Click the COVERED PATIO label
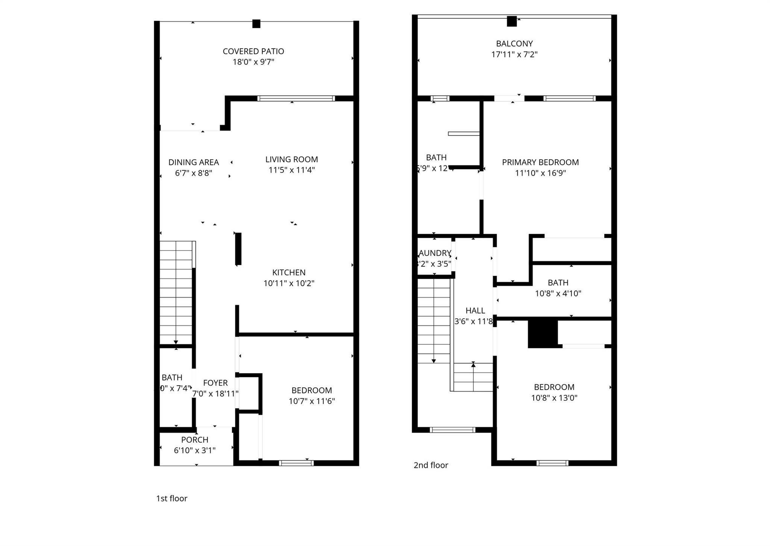[253, 51]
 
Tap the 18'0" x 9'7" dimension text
[253, 62]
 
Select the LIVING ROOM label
[291, 159]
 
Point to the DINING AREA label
[193, 162]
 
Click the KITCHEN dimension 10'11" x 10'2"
[289, 283]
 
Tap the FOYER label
[215, 383]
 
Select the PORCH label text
[194, 440]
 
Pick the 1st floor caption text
[171, 498]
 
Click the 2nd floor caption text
[431, 465]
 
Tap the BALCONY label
[514, 44]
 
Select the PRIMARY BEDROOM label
[540, 162]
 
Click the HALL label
[475, 311]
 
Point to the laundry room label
[435, 253]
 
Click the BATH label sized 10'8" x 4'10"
[558, 283]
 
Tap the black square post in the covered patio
[256, 24]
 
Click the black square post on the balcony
[511, 21]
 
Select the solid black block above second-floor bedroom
[543, 333]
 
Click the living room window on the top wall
[296, 98]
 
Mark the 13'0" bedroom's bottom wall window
[552, 463]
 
